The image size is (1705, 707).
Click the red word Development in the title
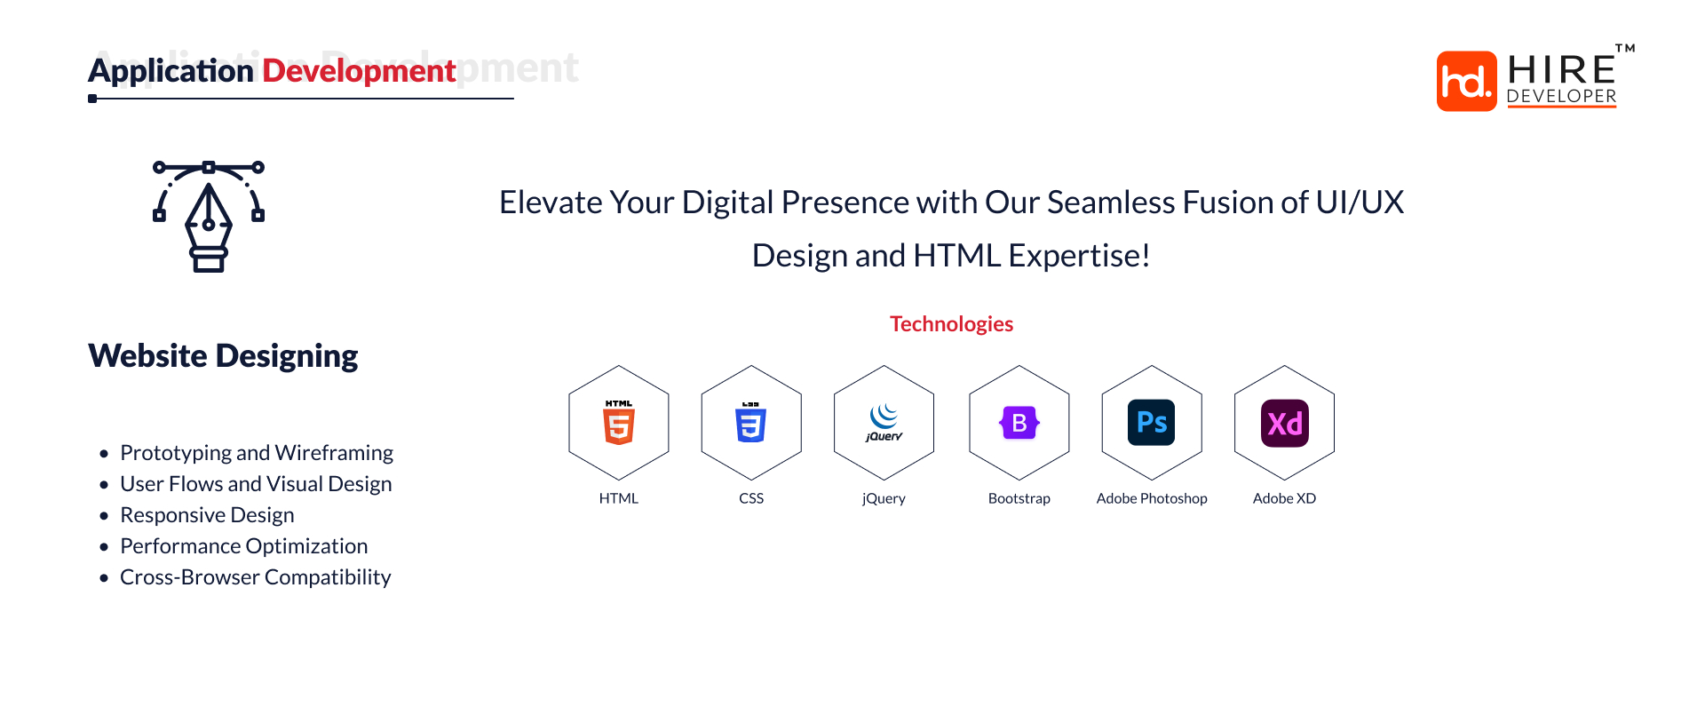(x=359, y=71)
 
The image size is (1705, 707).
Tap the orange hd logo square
(x=1466, y=81)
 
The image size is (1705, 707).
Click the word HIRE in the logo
(x=1561, y=70)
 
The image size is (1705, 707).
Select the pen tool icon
(x=209, y=217)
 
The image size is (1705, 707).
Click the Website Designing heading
(x=223, y=356)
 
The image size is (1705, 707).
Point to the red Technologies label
(x=951, y=324)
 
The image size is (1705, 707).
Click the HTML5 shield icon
(x=619, y=423)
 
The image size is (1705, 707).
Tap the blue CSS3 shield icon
(x=751, y=423)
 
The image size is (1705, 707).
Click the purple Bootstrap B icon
(x=1019, y=423)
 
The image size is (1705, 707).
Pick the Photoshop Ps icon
(x=1152, y=423)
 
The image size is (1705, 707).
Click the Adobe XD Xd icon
(x=1284, y=423)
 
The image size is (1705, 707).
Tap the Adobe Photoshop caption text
(x=1152, y=498)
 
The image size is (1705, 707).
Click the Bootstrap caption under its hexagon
(x=1019, y=498)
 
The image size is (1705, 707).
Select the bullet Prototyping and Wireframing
(x=256, y=453)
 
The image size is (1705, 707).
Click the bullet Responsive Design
(x=207, y=515)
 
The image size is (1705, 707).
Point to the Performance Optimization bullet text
(x=243, y=546)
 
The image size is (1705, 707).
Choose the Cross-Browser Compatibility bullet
(x=255, y=577)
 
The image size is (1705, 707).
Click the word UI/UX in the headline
(x=1359, y=203)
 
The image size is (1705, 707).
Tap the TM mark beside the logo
(x=1625, y=49)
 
